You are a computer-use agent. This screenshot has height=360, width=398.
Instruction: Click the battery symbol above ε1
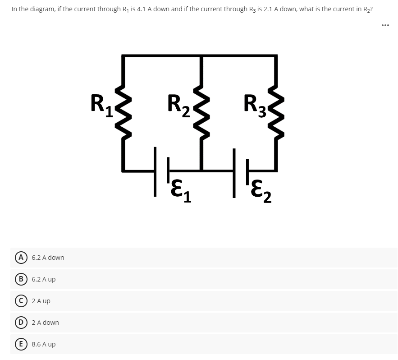pyautogui.click(x=161, y=170)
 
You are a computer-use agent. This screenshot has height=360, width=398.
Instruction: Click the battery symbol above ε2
pyautogui.click(x=239, y=170)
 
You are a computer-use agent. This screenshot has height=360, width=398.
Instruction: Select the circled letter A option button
pyautogui.click(x=21, y=258)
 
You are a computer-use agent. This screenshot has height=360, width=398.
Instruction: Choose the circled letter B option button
pyautogui.click(x=21, y=279)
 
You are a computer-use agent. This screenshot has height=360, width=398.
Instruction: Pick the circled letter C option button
pyautogui.click(x=21, y=301)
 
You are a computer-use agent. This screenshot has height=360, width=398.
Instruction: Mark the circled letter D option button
pyautogui.click(x=21, y=323)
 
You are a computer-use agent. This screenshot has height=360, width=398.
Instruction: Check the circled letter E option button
pyautogui.click(x=21, y=344)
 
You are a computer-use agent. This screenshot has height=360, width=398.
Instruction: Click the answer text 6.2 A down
pyautogui.click(x=48, y=258)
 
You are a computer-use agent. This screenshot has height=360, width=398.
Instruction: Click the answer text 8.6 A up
pyautogui.click(x=44, y=344)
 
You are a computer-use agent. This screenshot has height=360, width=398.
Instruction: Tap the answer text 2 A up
pyautogui.click(x=41, y=301)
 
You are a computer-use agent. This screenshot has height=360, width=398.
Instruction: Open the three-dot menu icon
pyautogui.click(x=384, y=25)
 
